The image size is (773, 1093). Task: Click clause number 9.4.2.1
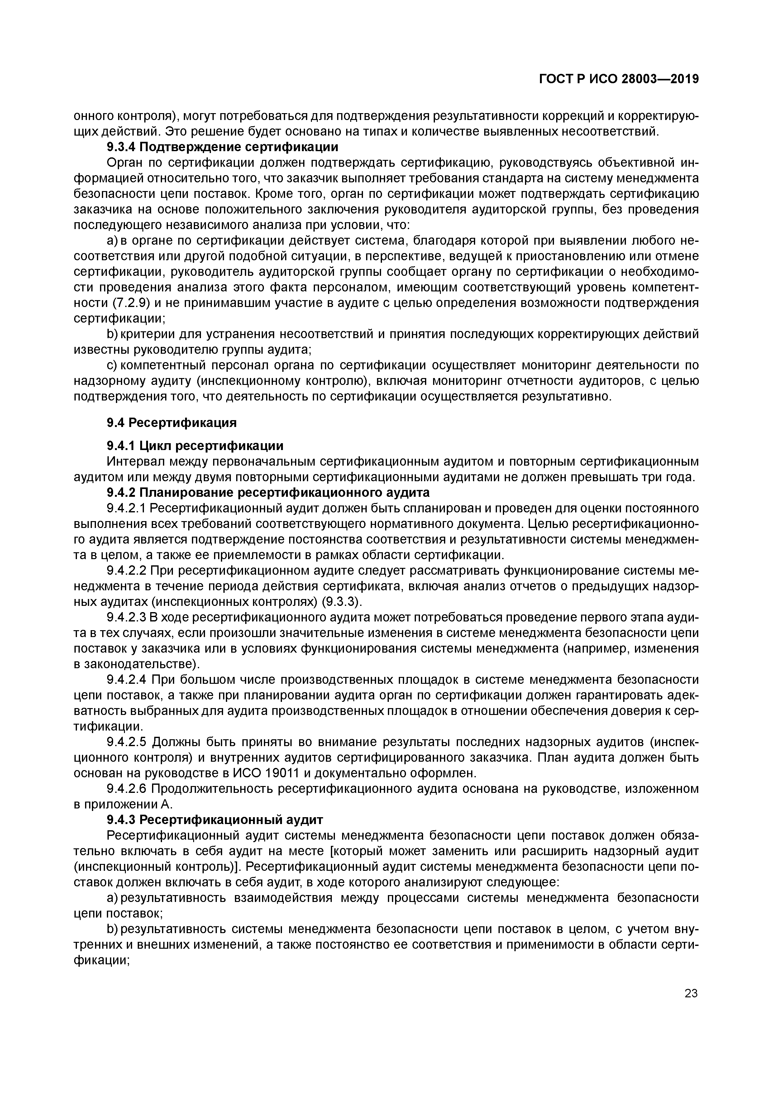126,508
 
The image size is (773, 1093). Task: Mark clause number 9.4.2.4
126,679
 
